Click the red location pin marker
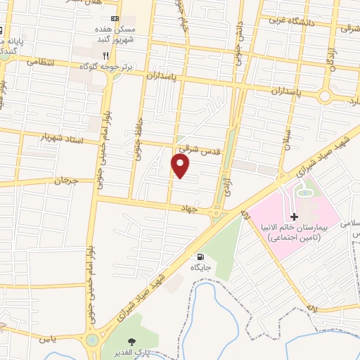(x=181, y=167)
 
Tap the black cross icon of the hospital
(x=294, y=216)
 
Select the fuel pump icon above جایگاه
(x=202, y=256)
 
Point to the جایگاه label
(x=202, y=268)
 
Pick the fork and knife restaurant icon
(x=105, y=55)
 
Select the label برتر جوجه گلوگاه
(x=122, y=65)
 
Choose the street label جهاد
(x=206, y=208)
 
